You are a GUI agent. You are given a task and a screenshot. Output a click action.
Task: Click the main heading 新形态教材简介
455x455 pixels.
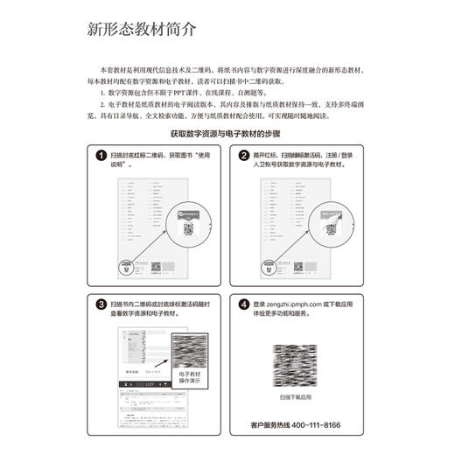pyautogui.click(x=142, y=28)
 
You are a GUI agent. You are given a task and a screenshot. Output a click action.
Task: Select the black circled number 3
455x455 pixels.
pyautogui.click(x=101, y=304)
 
